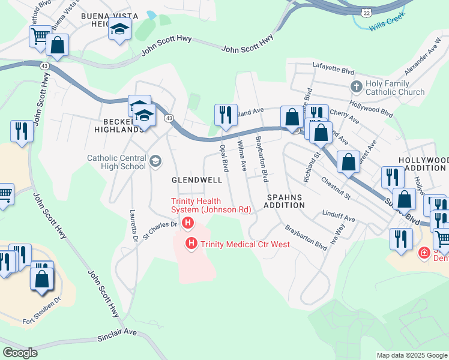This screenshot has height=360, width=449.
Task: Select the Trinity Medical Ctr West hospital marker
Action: pos(191,244)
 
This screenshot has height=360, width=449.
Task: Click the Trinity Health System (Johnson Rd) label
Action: pos(210,206)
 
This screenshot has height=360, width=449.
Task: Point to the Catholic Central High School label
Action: pos(116,162)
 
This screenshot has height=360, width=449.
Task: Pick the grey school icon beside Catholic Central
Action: pos(155,160)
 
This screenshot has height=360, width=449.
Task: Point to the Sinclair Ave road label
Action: pos(118,335)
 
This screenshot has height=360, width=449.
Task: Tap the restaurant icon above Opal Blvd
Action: pos(225,113)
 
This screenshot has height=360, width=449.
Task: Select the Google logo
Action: pos(20,352)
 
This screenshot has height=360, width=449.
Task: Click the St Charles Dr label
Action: pos(161,226)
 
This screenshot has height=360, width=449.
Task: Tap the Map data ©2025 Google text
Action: pos(412,355)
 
